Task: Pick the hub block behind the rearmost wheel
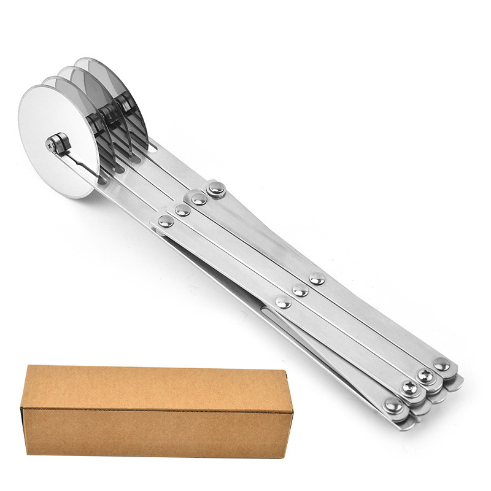[x=126, y=104]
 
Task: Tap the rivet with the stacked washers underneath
[x=215, y=189]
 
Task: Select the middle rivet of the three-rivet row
[x=300, y=290]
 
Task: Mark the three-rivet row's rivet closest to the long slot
[x=283, y=302]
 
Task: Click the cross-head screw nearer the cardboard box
[x=408, y=387]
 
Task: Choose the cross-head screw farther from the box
[x=425, y=374]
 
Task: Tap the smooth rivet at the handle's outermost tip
[x=441, y=365]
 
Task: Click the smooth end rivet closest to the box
[x=392, y=404]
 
